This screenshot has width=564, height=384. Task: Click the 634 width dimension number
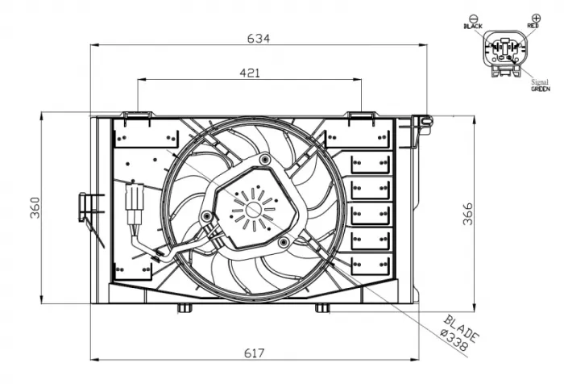click(259, 38)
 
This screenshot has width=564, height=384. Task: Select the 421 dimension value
click(251, 73)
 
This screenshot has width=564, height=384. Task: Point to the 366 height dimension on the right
click(468, 213)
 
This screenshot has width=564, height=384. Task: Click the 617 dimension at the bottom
click(255, 353)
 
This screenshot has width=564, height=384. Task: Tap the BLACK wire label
click(473, 27)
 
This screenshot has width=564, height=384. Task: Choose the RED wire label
click(533, 27)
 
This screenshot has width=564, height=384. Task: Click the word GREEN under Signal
click(540, 90)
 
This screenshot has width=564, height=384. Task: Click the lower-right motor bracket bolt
click(284, 241)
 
